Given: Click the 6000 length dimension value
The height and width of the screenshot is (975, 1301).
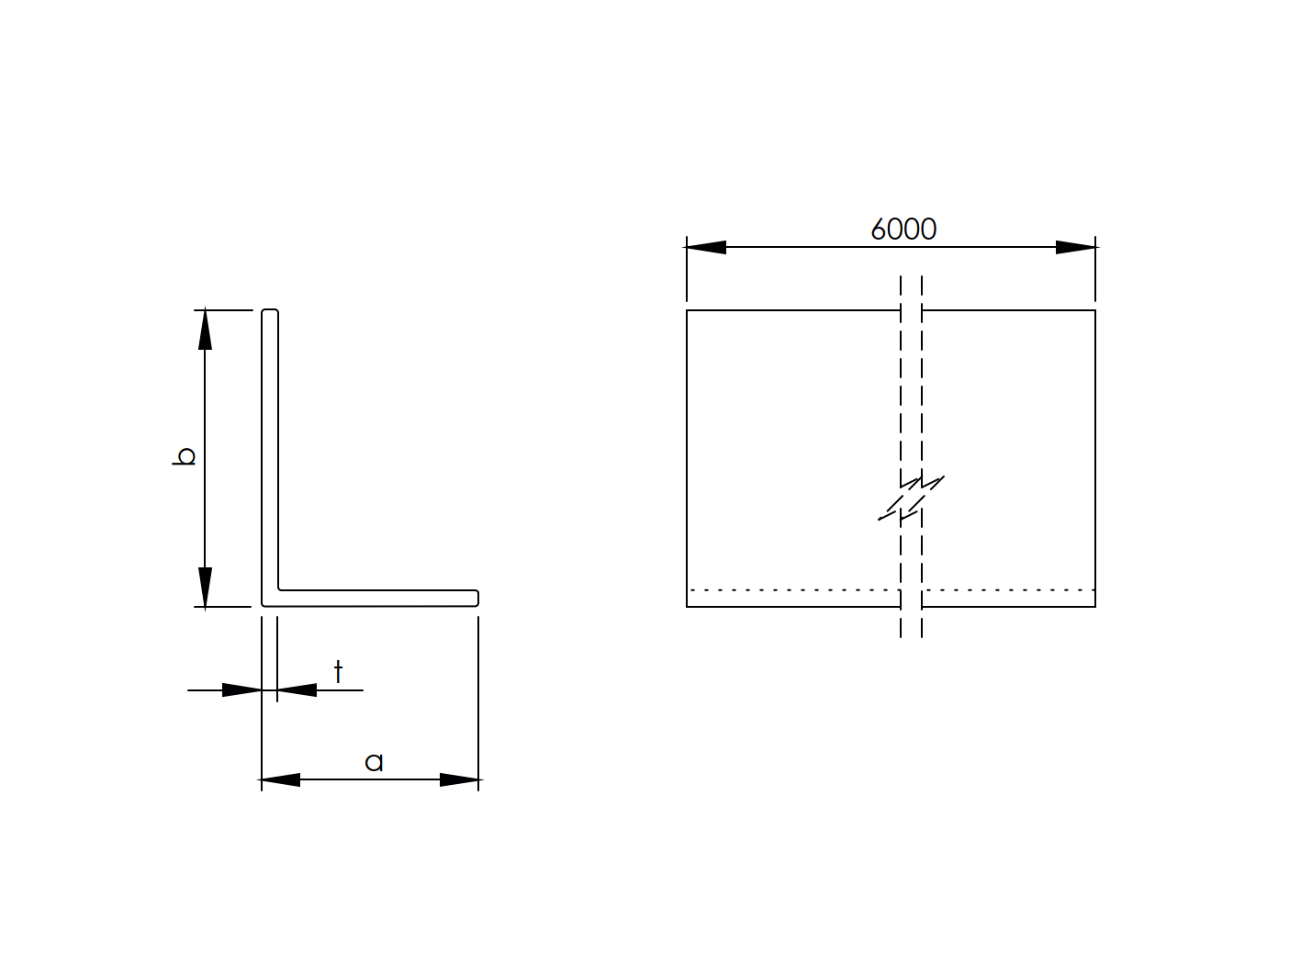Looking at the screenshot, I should click(903, 229).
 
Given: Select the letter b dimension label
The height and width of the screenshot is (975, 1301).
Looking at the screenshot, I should click(185, 456).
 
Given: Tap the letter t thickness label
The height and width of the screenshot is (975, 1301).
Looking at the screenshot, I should click(338, 672).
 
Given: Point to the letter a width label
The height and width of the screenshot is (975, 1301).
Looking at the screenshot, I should click(374, 762).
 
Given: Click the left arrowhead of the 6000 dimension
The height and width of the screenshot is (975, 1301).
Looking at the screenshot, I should click(705, 247).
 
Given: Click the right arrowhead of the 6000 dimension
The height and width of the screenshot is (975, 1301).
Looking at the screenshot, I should click(1076, 247).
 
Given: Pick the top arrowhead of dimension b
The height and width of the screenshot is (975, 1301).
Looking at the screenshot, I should click(205, 330).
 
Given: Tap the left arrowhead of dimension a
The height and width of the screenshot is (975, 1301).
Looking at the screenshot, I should click(281, 780).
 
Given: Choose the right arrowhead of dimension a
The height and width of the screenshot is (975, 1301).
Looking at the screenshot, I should click(459, 780).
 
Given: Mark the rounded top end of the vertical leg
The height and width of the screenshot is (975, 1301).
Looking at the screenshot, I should click(270, 313).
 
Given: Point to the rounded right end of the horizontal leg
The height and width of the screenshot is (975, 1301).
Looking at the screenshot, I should click(476, 598).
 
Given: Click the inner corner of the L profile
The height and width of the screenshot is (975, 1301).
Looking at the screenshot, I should click(279, 589).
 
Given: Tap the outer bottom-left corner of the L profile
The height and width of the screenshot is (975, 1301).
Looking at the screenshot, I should click(263, 606).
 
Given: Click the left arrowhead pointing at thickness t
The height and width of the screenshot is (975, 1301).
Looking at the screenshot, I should click(242, 689).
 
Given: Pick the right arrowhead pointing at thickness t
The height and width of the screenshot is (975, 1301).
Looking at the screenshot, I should click(297, 689).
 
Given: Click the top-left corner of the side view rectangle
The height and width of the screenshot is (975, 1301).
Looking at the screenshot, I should click(687, 310).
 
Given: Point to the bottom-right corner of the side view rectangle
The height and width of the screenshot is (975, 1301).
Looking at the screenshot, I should click(1095, 607).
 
